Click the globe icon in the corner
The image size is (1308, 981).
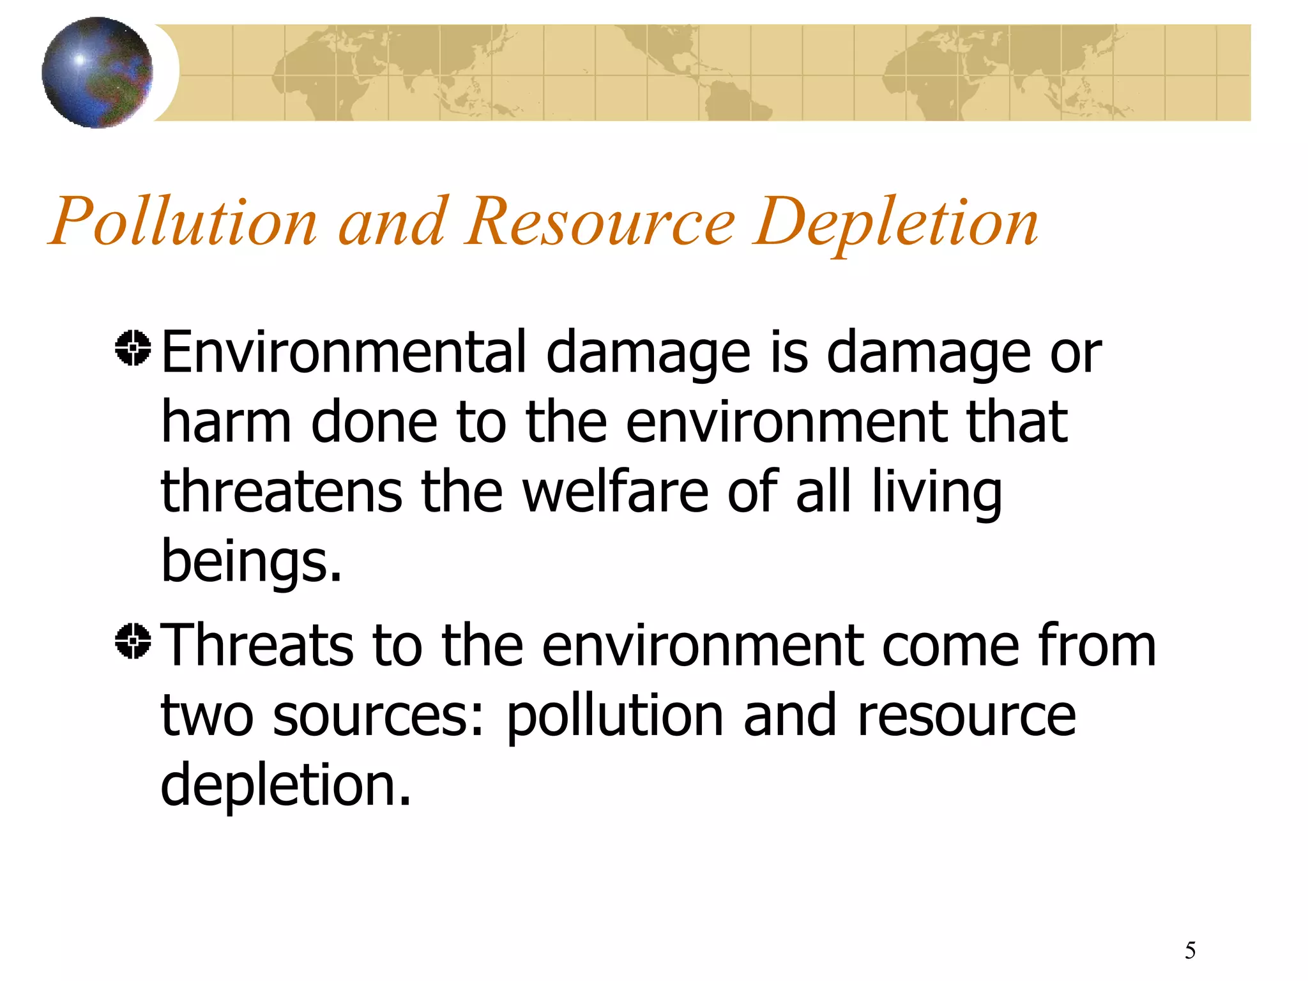tap(97, 72)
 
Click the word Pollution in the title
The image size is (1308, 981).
tap(183, 222)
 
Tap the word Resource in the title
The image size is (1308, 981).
tap(600, 222)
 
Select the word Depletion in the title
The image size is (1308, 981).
tap(895, 222)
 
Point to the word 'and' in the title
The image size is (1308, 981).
tap(391, 222)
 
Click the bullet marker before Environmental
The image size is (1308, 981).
tap(133, 348)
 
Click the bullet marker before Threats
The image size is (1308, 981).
tap(133, 641)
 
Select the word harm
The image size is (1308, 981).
tap(226, 422)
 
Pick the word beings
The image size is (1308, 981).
tap(251, 562)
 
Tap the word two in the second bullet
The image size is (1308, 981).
tap(207, 716)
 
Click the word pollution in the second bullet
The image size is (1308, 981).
tap(615, 716)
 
